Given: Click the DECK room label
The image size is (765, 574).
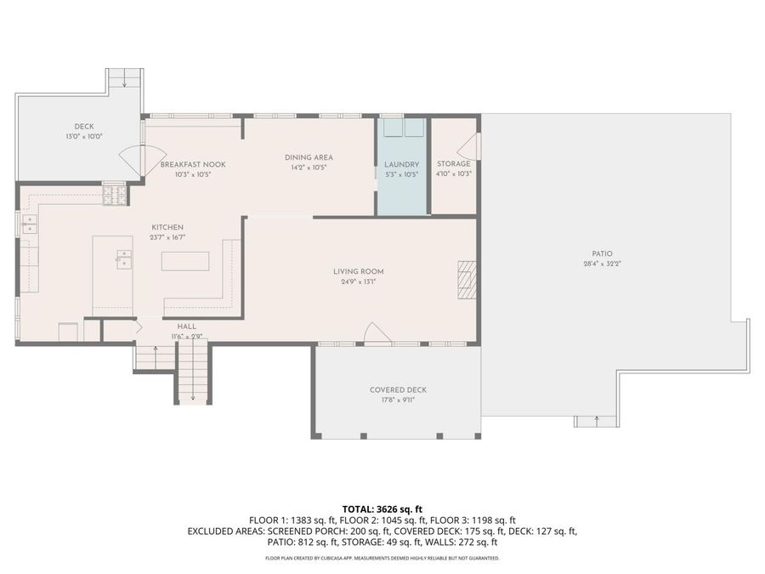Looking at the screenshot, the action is [x=84, y=127].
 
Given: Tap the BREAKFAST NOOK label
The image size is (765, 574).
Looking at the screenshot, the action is [x=193, y=165].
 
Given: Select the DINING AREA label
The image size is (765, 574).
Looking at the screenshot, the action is [x=309, y=157].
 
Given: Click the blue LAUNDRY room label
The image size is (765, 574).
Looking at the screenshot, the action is [x=401, y=165].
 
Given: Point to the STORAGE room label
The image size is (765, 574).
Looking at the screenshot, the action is [x=454, y=164].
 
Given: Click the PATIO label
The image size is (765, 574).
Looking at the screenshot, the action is [x=602, y=253].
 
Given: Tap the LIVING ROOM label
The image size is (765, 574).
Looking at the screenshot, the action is [x=359, y=272].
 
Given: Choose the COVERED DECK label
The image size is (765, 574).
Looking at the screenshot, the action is [x=398, y=390].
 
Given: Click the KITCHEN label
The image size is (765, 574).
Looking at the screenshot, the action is [x=167, y=227].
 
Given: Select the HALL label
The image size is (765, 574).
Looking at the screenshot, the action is [x=187, y=327].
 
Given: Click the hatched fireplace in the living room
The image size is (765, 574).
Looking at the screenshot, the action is [x=466, y=279].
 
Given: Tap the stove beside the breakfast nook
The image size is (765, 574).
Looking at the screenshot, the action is [x=115, y=196].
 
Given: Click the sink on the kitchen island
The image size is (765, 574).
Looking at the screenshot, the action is [x=124, y=259].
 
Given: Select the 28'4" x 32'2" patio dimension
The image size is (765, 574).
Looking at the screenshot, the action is [x=602, y=264].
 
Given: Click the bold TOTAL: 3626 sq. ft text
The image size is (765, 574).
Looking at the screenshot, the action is [x=382, y=509].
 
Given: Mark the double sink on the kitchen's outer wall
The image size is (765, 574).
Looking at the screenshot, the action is [x=30, y=224].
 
